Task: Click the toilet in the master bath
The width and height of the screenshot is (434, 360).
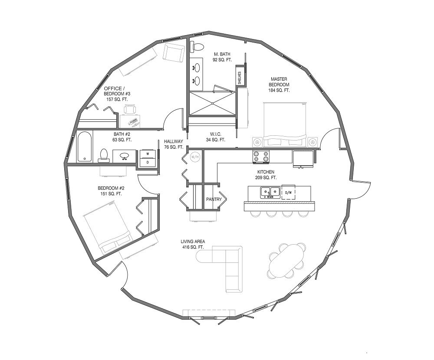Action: coord(197,46)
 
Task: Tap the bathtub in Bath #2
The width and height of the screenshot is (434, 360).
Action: coord(84,147)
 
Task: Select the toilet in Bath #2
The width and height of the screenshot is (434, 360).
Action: coord(104,156)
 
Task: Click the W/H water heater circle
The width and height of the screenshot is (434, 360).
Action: coord(194,157)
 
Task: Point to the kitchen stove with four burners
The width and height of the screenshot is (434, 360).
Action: coord(261,156)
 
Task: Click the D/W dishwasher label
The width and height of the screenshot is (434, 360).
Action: coord(288,192)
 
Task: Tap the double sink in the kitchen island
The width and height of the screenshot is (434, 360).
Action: coord(270,192)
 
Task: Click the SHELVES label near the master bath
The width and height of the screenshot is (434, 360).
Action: coord(240,78)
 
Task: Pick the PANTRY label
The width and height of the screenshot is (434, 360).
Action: coord(214,199)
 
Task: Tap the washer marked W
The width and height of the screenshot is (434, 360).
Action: coord(148,154)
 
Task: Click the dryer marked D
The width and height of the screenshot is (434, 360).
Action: coord(148,162)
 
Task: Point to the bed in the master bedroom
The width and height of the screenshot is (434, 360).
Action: coord(285,124)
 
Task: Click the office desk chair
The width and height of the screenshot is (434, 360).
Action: coord(130,110)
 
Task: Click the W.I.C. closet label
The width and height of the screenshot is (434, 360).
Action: coord(215,137)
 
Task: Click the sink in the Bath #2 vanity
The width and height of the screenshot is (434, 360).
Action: coord(124,156)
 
